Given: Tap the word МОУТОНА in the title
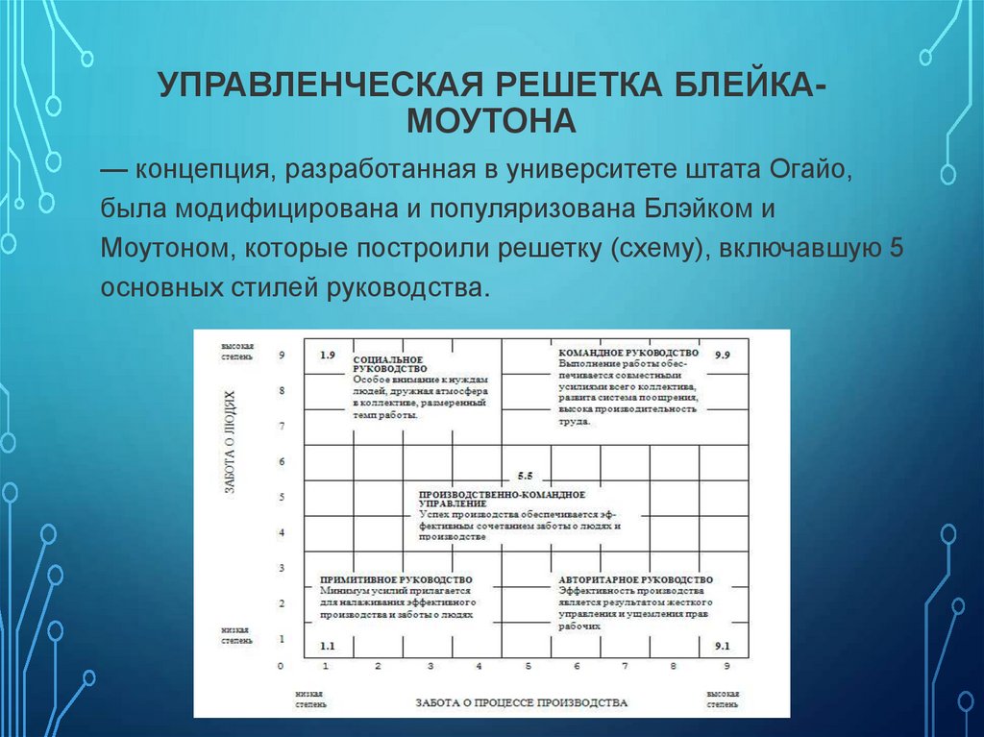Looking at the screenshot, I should coord(491,122).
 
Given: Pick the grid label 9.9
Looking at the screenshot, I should coord(723,356).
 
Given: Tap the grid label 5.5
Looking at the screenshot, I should coord(524,476).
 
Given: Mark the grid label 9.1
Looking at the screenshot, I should coord(723,646).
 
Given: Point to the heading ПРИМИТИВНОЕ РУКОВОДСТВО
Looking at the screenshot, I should coord(396,579).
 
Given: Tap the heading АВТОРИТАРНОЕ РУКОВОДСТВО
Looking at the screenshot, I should coord(635,579).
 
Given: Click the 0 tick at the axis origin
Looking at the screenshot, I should coord(281,666).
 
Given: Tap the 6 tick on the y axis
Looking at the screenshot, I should coord(282,462).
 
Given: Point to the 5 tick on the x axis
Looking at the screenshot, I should coord(528,666).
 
